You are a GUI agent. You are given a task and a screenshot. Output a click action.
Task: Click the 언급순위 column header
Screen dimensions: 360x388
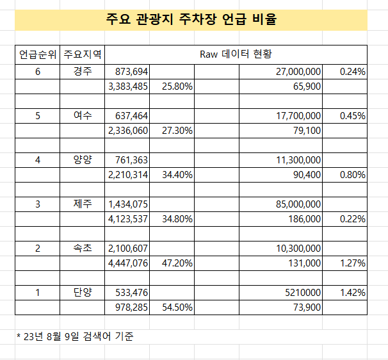(x=38, y=53)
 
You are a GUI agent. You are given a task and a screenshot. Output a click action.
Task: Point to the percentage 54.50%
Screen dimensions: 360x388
(x=177, y=307)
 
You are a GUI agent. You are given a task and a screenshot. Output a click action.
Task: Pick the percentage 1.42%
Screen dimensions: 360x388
(x=353, y=293)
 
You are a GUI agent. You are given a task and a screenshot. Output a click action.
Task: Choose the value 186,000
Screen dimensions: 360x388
(x=304, y=219)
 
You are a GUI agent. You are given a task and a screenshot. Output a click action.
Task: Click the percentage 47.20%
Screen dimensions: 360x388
(x=177, y=263)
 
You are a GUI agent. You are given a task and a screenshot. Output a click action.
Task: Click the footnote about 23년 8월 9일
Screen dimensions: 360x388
(x=75, y=336)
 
